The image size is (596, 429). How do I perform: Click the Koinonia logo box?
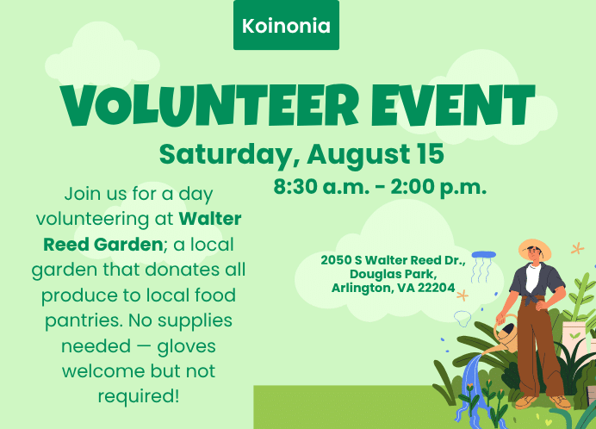point(286,25)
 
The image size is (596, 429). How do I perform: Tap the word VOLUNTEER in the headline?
point(209,105)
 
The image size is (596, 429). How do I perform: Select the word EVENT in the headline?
point(453,105)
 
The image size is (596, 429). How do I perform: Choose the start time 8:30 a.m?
point(321,186)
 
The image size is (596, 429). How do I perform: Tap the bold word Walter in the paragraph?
point(210,219)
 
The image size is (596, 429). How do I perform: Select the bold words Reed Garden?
point(103,245)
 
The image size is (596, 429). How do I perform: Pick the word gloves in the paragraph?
point(186,346)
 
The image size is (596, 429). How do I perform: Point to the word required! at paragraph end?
point(139,397)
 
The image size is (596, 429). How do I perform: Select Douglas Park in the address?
point(393,274)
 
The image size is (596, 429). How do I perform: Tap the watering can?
point(502,336)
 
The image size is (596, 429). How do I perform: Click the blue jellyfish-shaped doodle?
point(482,267)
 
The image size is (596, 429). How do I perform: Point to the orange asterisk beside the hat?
point(577,249)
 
